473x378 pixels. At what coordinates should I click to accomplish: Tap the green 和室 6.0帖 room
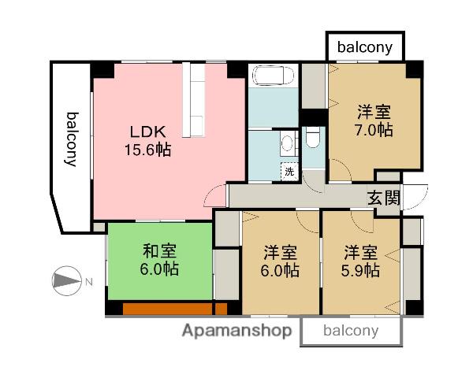[x=160, y=260]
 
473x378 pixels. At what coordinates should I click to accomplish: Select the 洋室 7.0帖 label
[x=374, y=121]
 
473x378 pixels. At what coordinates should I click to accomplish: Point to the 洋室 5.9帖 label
[x=362, y=262]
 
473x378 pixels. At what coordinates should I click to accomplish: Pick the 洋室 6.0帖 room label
[x=280, y=262]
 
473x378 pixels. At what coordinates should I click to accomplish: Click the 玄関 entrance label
[x=384, y=198]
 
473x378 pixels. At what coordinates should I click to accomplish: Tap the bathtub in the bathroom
[x=272, y=77]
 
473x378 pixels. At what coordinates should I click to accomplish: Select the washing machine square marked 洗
[x=289, y=171]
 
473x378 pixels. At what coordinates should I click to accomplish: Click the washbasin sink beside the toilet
[x=287, y=143]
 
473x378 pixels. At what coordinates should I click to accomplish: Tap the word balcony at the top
[x=365, y=47]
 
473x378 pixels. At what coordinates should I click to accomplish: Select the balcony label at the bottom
[x=351, y=331]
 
